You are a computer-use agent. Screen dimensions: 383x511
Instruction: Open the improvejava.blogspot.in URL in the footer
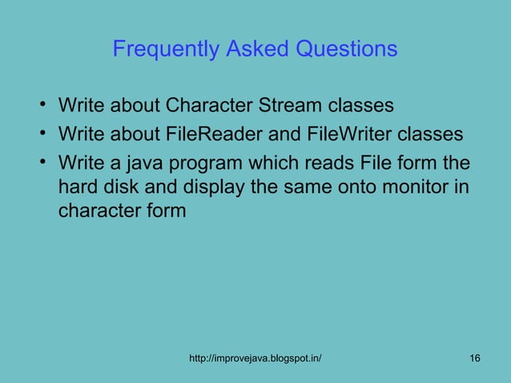coord(255,357)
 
